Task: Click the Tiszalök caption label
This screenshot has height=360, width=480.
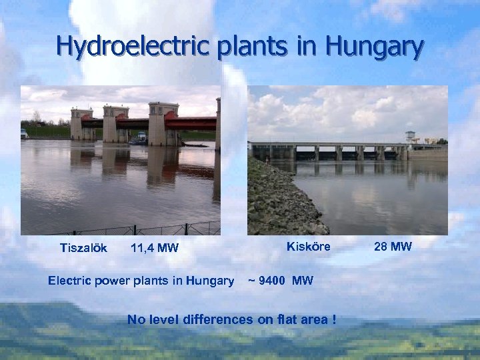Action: (x=83, y=248)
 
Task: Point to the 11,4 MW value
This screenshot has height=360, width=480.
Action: (x=155, y=249)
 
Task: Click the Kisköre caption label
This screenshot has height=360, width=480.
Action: (x=308, y=247)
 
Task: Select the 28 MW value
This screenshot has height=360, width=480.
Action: (x=393, y=247)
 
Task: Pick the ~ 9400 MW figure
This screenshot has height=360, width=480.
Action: (x=280, y=281)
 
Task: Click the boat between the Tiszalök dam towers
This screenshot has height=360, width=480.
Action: (x=139, y=139)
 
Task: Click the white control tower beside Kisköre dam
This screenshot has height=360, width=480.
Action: (x=410, y=137)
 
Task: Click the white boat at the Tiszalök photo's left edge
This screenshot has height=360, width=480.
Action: (x=25, y=134)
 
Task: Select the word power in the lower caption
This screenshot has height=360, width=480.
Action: (x=109, y=281)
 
